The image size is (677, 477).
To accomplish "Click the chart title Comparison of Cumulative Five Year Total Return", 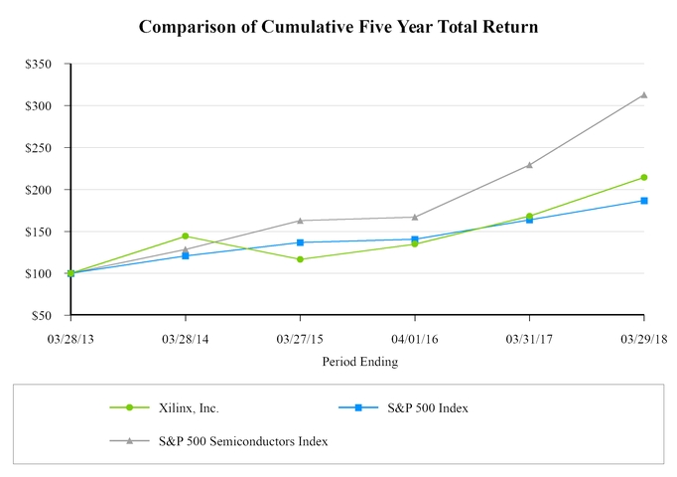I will [x=338, y=27].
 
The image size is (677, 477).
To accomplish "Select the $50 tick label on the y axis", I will [x=51, y=316].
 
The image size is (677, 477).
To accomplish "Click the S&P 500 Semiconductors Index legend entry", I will [x=243, y=440].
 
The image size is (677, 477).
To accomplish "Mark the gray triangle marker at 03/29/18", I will [x=644, y=95].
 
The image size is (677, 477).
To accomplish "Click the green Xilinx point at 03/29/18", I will [x=644, y=178].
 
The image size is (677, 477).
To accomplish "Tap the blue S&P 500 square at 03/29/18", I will [x=644, y=201].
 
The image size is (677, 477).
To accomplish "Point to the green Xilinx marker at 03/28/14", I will [x=186, y=237].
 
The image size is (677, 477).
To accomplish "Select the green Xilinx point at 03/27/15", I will [x=300, y=259].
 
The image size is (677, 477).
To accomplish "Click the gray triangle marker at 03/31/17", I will [x=529, y=165].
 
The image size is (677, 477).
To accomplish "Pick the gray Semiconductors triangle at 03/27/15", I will [x=300, y=221].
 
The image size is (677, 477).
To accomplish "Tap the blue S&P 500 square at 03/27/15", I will [x=300, y=242].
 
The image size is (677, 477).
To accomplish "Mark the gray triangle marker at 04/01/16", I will [x=415, y=217].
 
